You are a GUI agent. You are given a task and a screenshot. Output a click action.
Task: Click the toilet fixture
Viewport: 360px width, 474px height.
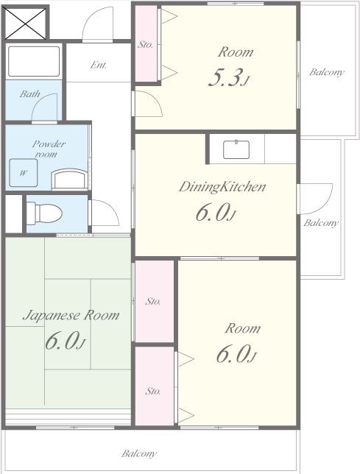[44, 213]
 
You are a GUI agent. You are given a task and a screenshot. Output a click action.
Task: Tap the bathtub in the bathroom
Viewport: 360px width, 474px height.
[34, 61]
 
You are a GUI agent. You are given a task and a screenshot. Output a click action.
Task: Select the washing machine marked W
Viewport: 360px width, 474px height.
[24, 173]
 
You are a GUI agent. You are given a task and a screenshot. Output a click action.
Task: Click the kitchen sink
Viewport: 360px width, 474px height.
[236, 149]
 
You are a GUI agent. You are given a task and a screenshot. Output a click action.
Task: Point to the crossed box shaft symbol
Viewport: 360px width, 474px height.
[25, 23]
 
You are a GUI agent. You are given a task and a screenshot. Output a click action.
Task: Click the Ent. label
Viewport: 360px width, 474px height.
[98, 65]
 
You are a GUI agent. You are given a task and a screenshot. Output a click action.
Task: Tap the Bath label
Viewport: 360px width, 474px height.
[30, 93]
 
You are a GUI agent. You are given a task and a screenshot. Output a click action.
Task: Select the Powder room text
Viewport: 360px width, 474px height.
[48, 149]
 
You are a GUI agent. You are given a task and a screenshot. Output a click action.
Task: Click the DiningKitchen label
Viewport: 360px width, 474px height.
[222, 187]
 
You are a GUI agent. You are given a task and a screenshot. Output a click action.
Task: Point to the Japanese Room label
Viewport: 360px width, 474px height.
[71, 316]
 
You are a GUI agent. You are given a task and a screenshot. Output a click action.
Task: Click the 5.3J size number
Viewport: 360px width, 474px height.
[229, 78]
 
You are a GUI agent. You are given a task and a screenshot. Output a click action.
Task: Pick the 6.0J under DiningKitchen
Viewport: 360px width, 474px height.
[215, 213]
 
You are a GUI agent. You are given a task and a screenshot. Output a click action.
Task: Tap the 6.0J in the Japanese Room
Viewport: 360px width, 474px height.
[65, 341]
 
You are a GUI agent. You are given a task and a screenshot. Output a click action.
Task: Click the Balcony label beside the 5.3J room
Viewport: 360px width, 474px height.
[326, 72]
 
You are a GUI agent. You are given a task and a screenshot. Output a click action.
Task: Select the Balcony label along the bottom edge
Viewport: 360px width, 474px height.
[139, 453]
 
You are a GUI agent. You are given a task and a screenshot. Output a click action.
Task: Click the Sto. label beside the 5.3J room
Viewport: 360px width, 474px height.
[145, 45]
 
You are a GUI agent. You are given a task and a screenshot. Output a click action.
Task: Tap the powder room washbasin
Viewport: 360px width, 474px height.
[69, 180]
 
